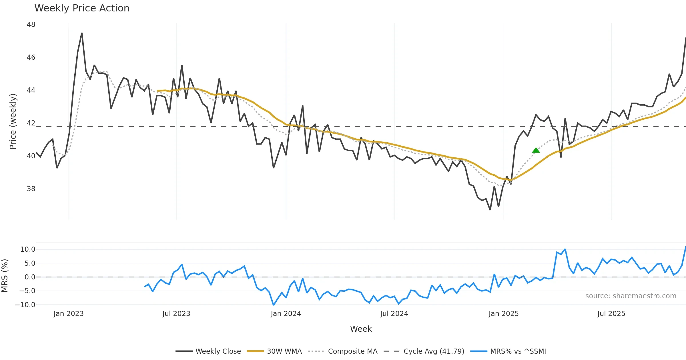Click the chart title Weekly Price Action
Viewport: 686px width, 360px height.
coord(82,8)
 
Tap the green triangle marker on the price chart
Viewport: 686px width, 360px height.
coord(536,150)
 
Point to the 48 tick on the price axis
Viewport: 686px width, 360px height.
coord(31,25)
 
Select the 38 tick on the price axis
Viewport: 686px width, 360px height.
coord(31,189)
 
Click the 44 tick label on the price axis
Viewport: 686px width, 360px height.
coord(31,90)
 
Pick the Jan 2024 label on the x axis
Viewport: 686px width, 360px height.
coord(286,314)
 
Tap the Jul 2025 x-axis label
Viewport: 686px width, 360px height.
coord(611,314)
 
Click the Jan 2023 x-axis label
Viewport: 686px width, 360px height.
coord(69,314)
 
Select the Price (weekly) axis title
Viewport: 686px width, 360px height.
coord(13,121)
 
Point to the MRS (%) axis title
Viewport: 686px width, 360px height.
coord(5,276)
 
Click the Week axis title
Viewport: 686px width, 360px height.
coord(361,329)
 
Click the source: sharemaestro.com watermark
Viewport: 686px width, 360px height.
coord(631,296)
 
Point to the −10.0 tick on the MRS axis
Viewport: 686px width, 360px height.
coord(25,305)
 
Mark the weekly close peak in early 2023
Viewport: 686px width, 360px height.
coord(82,33)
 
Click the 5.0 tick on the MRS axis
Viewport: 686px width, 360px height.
coord(30,263)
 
